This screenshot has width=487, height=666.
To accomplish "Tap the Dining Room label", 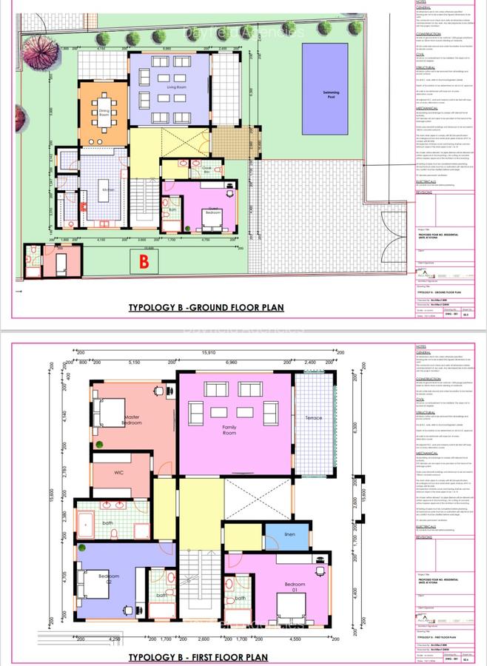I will click(x=104, y=114).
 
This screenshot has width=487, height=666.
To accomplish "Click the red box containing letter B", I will click(x=145, y=261).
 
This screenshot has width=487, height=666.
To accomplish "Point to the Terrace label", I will click(x=314, y=418).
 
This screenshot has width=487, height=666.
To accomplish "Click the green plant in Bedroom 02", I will click(x=84, y=548).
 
